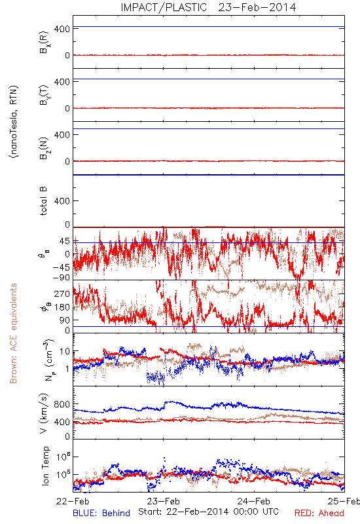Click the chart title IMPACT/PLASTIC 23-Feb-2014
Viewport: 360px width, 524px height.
tap(208, 7)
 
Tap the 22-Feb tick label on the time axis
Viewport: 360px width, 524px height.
tap(73, 501)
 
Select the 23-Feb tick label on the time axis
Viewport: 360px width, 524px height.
tap(163, 501)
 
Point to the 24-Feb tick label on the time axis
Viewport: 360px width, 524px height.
tap(254, 501)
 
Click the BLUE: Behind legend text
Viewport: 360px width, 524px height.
tap(101, 513)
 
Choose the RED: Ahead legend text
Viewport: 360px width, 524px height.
tap(319, 513)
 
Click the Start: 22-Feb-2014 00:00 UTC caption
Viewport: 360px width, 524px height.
tap(208, 512)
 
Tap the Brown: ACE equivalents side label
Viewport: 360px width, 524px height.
tap(13, 333)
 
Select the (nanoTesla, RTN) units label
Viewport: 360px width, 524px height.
tap(14, 122)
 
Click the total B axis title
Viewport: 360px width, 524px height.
tap(43, 201)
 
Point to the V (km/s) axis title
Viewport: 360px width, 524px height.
tap(44, 413)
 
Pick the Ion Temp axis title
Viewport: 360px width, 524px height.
tap(45, 466)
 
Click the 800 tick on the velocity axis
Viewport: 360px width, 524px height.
tap(62, 404)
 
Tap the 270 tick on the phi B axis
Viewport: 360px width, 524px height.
tap(62, 293)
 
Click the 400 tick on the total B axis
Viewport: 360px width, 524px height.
tap(62, 201)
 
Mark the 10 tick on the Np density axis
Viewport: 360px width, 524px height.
tap(64, 351)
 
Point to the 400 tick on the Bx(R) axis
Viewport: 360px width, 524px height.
tap(62, 29)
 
